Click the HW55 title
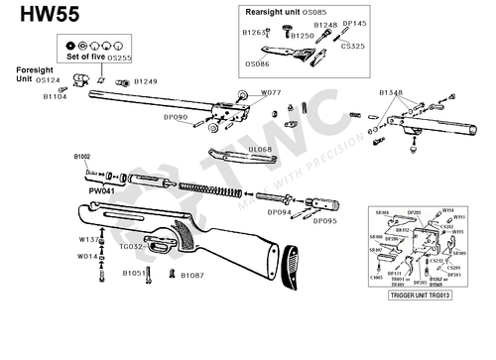[40, 17]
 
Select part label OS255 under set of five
[120, 59]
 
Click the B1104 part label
[55, 97]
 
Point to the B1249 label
[146, 80]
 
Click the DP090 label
[175, 116]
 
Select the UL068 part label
[261, 149]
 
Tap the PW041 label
[101, 188]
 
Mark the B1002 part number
[81, 156]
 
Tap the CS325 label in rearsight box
[353, 46]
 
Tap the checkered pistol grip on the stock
[159, 239]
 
